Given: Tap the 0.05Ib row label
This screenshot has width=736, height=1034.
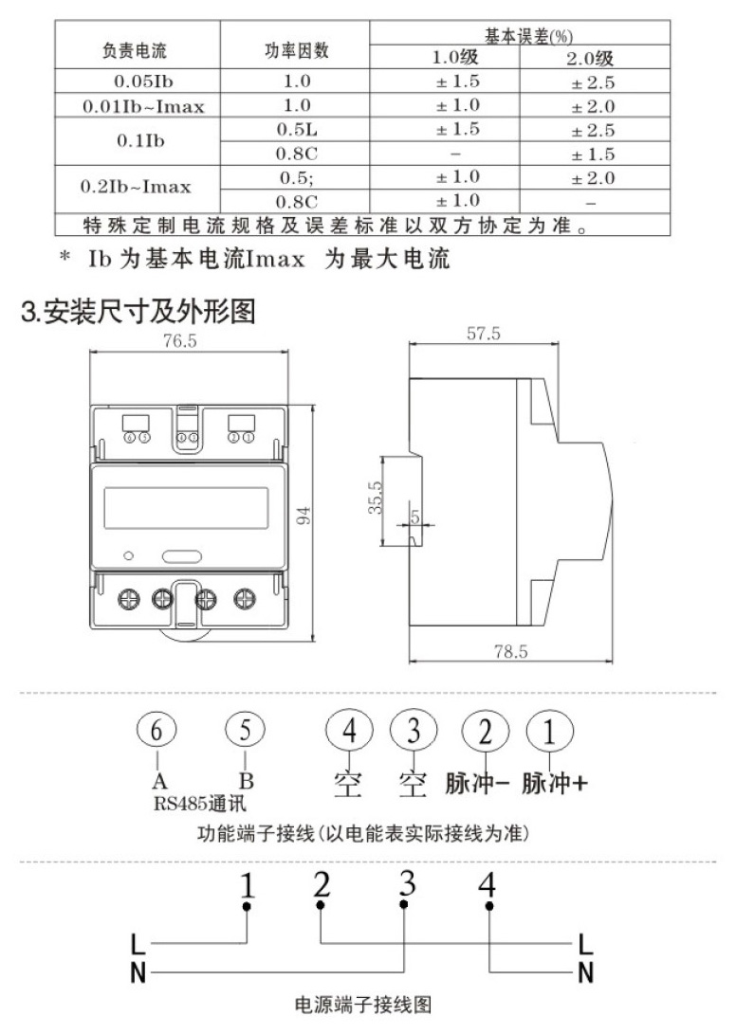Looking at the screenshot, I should [138, 82].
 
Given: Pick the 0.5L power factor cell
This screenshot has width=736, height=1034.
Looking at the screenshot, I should [296, 129].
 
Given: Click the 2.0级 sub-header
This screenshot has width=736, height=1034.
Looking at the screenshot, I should [592, 59].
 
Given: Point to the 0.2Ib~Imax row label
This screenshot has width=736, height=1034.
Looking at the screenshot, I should [138, 188].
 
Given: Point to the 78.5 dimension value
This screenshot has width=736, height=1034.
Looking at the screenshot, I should [509, 652].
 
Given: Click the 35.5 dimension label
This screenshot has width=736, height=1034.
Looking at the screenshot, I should [375, 498].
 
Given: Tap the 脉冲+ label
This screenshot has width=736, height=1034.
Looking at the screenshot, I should [555, 786].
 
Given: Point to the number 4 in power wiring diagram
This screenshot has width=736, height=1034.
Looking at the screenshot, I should [488, 886].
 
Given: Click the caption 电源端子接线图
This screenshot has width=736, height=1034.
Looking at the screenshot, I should [366, 1002].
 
